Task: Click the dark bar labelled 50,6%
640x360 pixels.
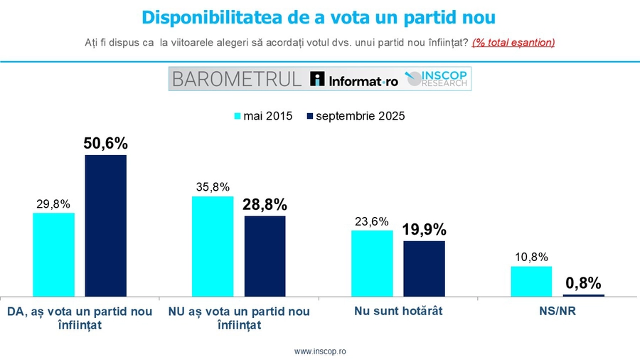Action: click(106, 225)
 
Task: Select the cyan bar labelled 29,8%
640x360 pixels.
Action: click(53, 254)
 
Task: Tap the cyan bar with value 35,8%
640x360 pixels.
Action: click(213, 245)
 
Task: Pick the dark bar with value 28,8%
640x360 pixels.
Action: click(265, 255)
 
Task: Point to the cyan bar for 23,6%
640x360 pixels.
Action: click(371, 263)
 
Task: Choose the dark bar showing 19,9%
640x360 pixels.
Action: click(424, 268)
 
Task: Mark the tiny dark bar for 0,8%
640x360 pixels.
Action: click(583, 295)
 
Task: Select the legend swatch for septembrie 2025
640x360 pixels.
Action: click(309, 117)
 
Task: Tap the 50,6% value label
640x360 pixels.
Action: click(106, 142)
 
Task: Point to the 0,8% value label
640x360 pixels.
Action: click(584, 283)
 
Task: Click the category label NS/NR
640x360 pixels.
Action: click(558, 312)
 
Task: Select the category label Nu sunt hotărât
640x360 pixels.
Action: click(398, 312)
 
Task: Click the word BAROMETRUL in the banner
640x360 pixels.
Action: click(236, 78)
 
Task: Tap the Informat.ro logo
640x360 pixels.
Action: click(354, 79)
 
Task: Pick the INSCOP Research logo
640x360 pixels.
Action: click(437, 78)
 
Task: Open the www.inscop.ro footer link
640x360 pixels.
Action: click(320, 351)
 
